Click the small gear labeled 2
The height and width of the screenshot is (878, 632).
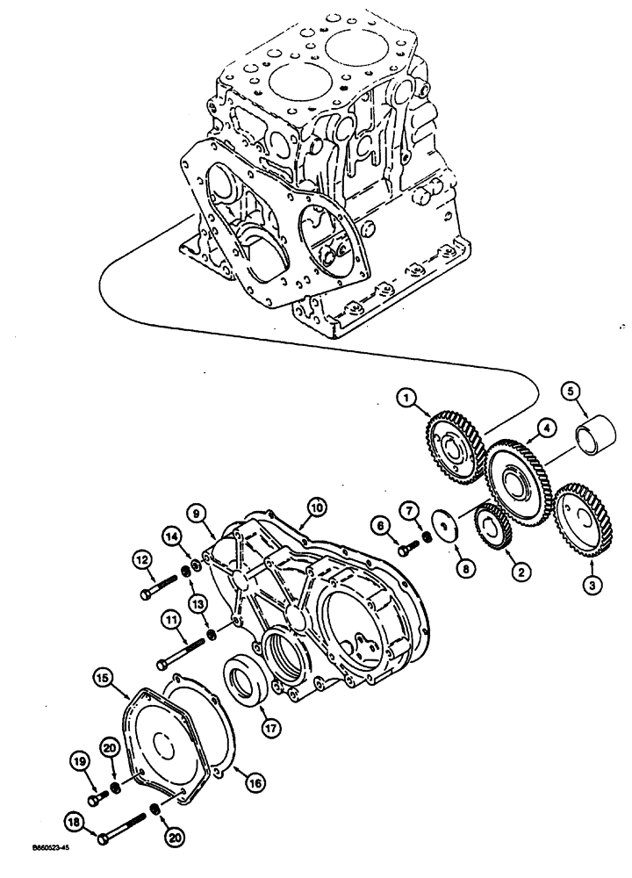pos(490,530)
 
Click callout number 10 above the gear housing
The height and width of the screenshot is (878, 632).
pos(315,507)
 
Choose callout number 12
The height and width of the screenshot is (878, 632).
pos(142,558)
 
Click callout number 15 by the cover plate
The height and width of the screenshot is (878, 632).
pos(103,676)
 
